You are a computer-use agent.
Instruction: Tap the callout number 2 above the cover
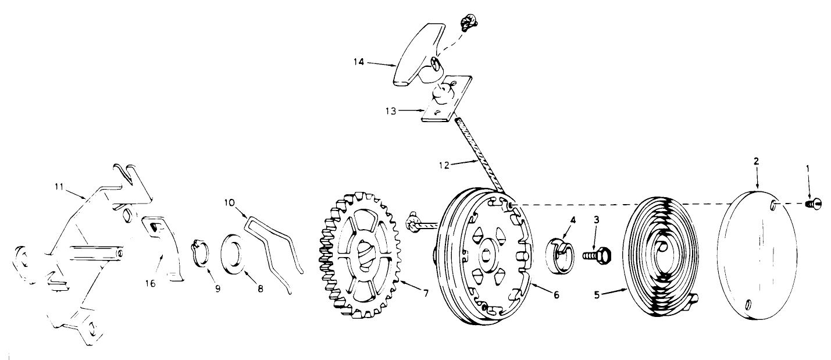click(757, 161)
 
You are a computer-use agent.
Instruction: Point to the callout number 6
click(556, 295)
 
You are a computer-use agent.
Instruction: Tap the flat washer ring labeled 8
click(234, 256)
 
